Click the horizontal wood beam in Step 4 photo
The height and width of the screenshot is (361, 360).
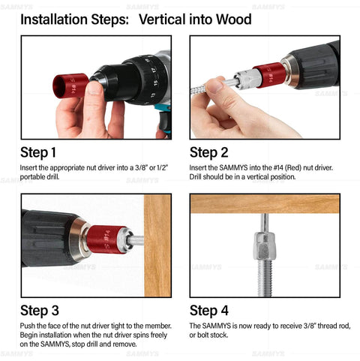coord(265,203)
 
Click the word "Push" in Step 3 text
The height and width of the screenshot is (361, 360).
coord(28,326)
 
